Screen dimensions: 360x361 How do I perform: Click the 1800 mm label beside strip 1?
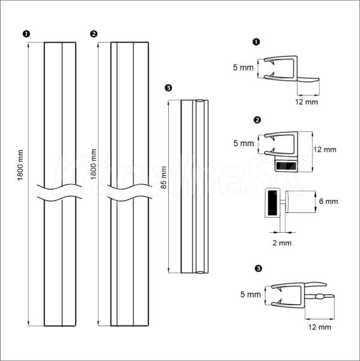coord(20,165)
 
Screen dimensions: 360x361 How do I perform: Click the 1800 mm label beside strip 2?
coord(93,164)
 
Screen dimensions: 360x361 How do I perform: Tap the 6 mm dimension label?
coord(329,202)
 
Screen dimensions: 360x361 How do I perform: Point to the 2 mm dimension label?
coord(282,243)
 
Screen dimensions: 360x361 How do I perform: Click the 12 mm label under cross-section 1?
coord(307,102)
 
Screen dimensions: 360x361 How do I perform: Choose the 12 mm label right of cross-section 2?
coord(325,150)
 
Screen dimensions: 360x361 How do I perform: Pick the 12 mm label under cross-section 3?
coord(320,327)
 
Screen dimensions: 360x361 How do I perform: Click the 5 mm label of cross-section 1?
coord(243,67)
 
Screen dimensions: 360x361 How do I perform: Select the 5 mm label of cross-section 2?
coord(243,143)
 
